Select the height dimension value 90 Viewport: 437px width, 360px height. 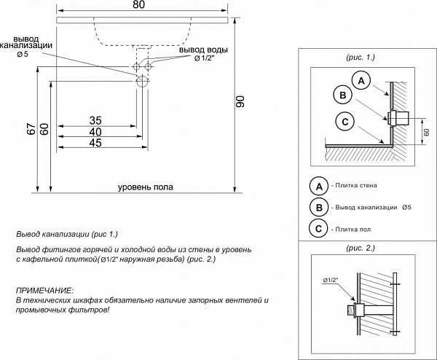coord(241,103)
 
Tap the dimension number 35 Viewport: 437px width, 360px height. coord(95,120)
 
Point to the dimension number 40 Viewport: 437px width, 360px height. coord(95,132)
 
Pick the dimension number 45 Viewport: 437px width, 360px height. coord(95,144)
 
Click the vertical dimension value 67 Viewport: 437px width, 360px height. coord(31,129)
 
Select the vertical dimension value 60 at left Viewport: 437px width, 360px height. coord(45,129)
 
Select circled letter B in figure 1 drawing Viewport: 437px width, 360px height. coord(342,95)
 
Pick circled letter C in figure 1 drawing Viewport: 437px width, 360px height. coord(346,121)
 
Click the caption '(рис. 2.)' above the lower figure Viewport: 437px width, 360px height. coord(360,248)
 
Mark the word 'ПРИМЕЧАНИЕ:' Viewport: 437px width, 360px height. coord(44,291)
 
